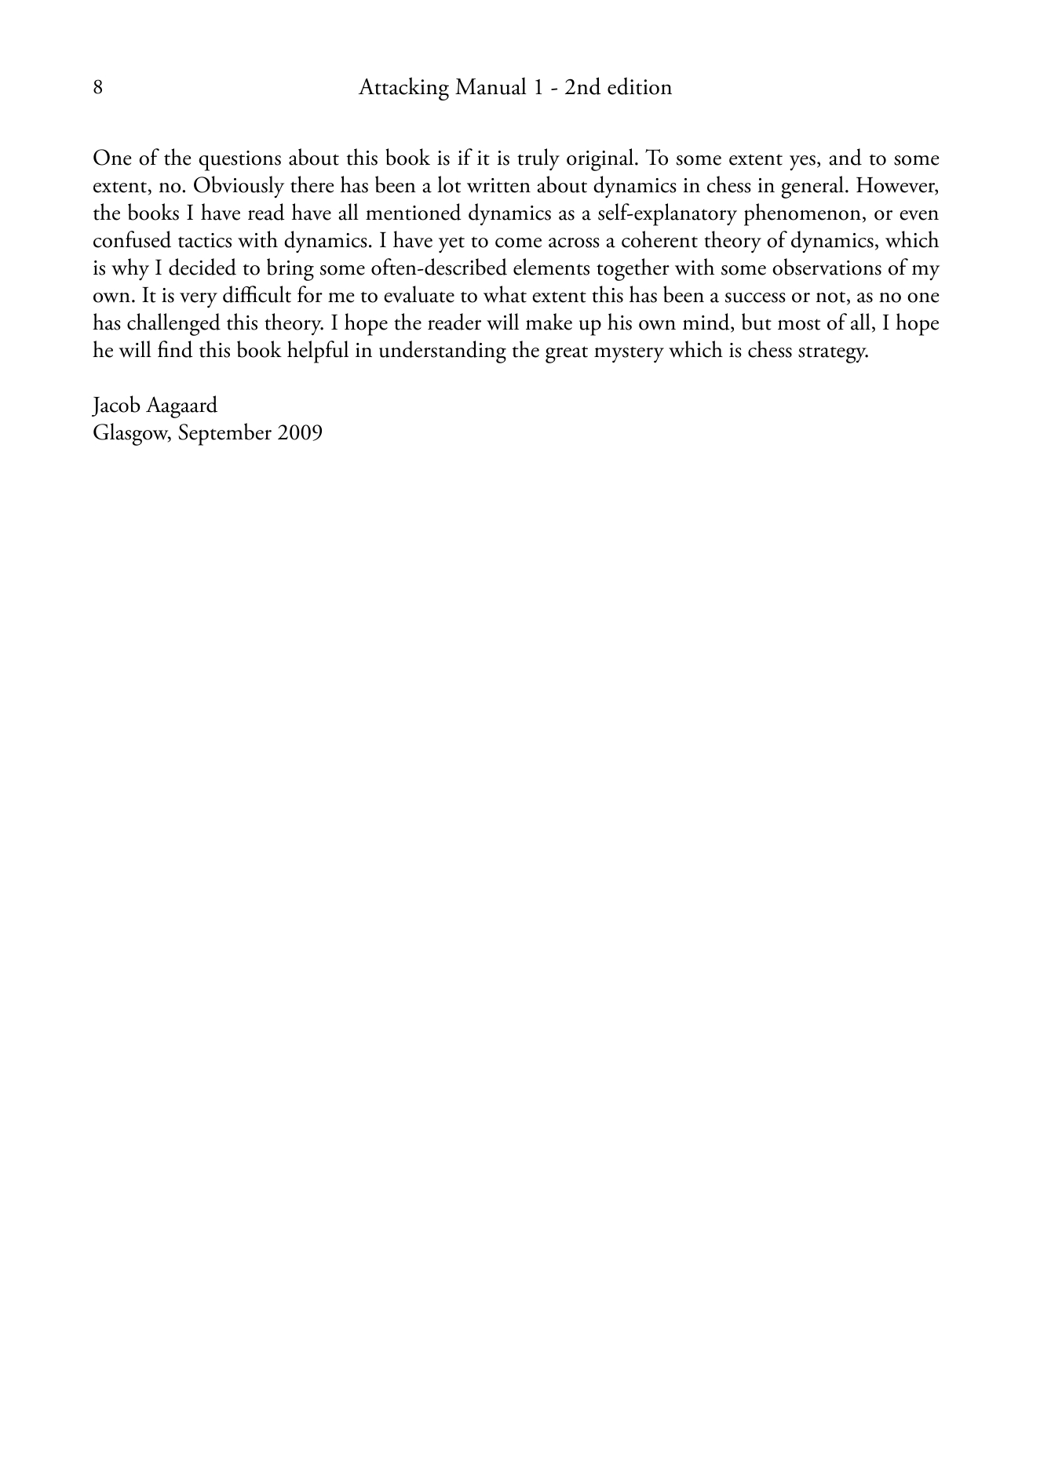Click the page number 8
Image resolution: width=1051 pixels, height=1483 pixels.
(97, 87)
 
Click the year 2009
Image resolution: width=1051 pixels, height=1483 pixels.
(299, 433)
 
